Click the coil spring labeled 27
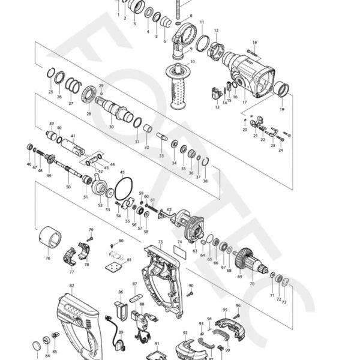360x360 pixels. (73, 85)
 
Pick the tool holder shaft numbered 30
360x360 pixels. (113, 111)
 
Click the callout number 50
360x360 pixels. (68, 187)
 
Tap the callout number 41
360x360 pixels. (73, 136)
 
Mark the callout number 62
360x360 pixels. (169, 210)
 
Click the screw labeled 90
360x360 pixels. (190, 294)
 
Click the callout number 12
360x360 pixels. (215, 31)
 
